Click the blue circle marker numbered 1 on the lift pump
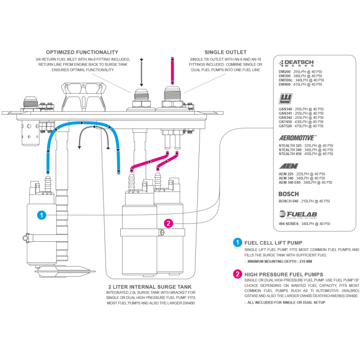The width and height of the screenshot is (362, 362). point(42,215)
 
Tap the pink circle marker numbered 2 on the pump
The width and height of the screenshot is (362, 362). point(169,223)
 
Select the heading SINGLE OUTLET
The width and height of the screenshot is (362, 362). point(226,52)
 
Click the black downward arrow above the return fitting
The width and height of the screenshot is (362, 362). point(142,70)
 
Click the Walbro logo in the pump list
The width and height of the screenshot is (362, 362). point(285,99)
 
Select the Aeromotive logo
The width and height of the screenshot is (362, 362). point(297,138)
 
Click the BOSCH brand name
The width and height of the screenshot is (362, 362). point(289,194)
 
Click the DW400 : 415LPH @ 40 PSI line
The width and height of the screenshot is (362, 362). point(300,84)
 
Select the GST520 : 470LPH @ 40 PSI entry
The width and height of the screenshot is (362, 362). point(300,126)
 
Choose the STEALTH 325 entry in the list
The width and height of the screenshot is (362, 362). point(305,145)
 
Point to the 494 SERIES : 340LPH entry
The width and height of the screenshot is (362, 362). point(304,224)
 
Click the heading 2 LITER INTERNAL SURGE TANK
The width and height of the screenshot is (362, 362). point(150,287)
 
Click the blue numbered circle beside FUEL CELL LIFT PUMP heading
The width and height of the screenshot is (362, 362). point(237,242)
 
